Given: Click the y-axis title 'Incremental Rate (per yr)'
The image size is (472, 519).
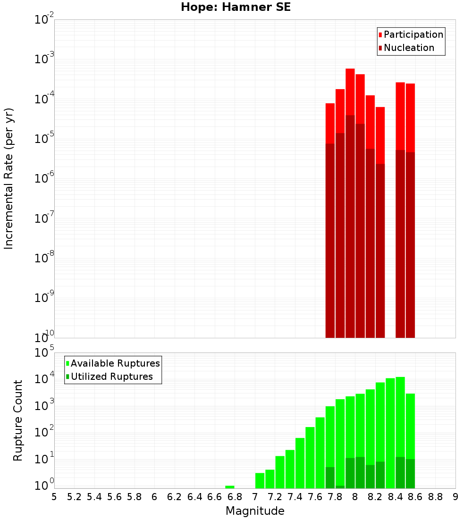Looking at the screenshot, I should click(x=9, y=179).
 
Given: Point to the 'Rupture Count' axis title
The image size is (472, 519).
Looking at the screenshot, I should click(x=18, y=420).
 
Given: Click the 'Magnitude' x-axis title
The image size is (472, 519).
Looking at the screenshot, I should click(x=255, y=511).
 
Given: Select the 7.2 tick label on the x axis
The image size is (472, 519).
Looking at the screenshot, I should click(x=275, y=497).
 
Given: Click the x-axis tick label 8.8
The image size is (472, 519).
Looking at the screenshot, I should click(x=435, y=497).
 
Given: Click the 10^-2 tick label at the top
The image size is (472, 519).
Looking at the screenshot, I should click(x=45, y=20).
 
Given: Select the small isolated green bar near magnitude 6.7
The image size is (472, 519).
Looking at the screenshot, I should click(x=229, y=487).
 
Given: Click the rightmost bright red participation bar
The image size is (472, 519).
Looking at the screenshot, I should click(x=410, y=118).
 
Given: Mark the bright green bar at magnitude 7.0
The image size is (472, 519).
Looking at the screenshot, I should click(x=260, y=480).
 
